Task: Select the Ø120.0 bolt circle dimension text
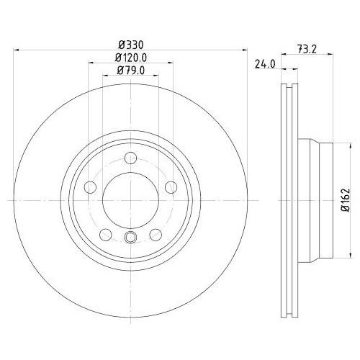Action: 130,57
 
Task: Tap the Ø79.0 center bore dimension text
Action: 130,69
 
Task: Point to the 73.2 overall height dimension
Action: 308,50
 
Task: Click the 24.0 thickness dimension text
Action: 266,63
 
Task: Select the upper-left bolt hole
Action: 91,188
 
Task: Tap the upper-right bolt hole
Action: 171,188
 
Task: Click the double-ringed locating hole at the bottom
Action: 130,239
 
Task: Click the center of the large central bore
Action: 130,201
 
